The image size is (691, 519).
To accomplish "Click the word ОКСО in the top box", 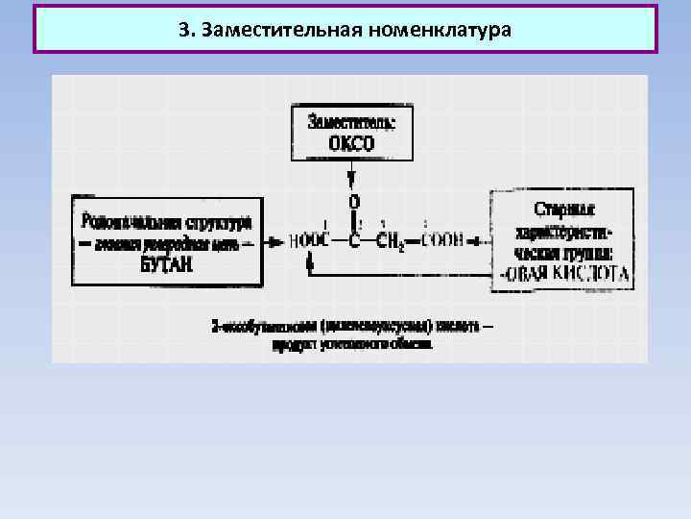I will [x=352, y=144].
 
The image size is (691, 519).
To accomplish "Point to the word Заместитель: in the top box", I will [x=352, y=122].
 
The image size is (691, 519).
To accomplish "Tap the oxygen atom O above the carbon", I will [x=355, y=203].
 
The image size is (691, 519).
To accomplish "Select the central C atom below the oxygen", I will [x=355, y=241].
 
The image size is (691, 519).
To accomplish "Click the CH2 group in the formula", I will [x=392, y=242].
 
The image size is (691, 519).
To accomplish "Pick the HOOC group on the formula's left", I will [x=309, y=241].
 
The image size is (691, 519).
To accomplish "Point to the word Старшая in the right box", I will [x=564, y=209].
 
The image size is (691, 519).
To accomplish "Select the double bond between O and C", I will [x=355, y=222].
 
